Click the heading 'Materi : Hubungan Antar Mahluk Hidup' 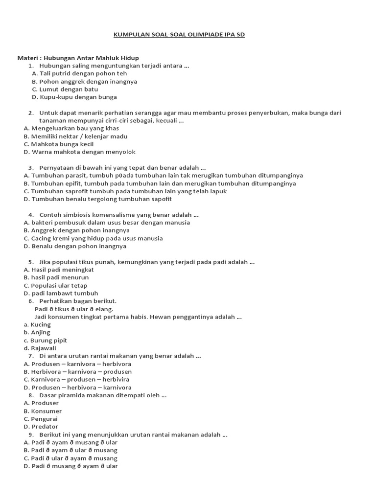78,58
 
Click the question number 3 30,167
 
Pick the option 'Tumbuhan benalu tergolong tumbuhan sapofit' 97,199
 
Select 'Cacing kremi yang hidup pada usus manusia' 93,238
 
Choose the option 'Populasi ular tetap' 59,285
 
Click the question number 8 30,395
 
